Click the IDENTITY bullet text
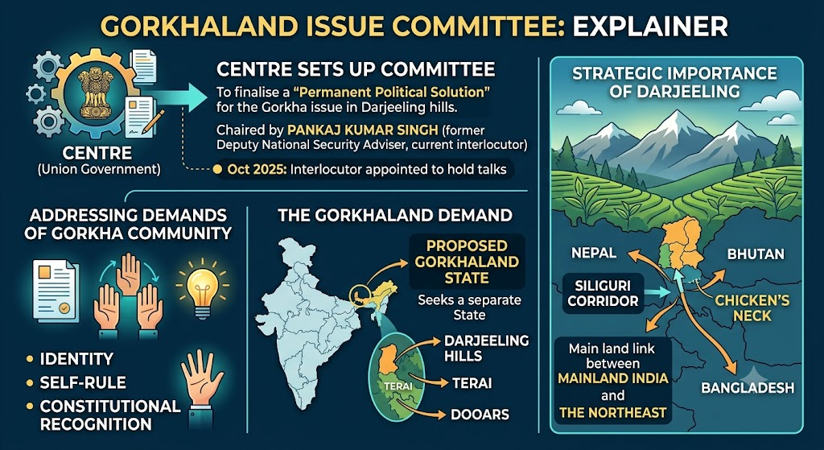pos(76,359)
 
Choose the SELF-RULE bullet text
pos(84,382)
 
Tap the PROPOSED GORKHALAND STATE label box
pos(467,262)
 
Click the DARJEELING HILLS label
pos(487,348)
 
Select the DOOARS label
pos(480,415)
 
